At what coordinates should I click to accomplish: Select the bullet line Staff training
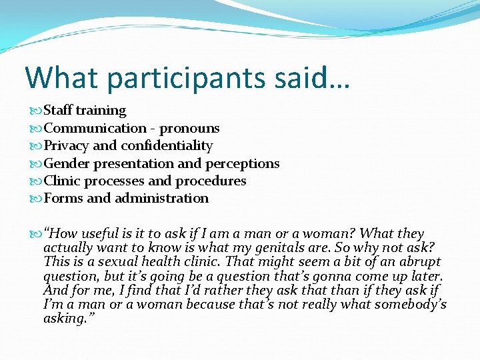pyautogui.click(x=85, y=111)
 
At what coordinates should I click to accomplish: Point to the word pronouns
pyautogui.click(x=189, y=128)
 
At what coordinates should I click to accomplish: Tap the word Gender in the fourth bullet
pyautogui.click(x=67, y=163)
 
